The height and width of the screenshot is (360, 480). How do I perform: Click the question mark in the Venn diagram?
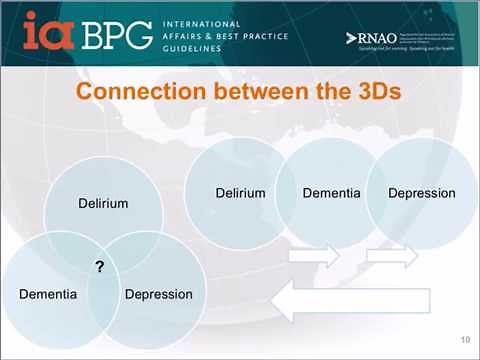point(100,266)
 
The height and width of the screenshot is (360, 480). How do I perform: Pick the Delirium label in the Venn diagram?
point(103,203)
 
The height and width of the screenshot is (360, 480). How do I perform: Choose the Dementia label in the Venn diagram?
point(48,294)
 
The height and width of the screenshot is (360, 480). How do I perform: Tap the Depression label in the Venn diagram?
point(158,294)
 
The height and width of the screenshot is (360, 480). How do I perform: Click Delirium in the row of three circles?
point(240,193)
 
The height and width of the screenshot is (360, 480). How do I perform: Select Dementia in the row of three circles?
point(331,193)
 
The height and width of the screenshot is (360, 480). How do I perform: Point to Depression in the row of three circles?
point(421,193)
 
